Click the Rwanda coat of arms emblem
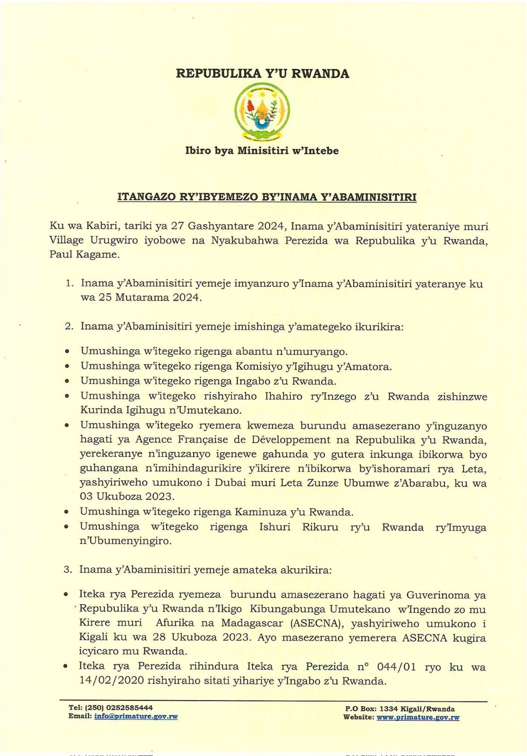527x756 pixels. click(x=263, y=112)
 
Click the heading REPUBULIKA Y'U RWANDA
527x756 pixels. click(x=263, y=74)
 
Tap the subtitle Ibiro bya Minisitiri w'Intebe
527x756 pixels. click(x=262, y=151)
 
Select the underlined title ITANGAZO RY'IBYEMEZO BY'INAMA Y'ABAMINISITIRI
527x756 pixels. click(x=267, y=198)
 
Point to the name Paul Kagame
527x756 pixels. click(x=84, y=255)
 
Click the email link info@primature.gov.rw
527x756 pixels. click(x=136, y=716)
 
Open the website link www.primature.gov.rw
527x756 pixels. click(x=418, y=717)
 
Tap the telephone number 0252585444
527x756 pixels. click(x=129, y=708)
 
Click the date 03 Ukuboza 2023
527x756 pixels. click(x=127, y=497)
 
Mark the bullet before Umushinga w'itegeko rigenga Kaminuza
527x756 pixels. click(x=67, y=512)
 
